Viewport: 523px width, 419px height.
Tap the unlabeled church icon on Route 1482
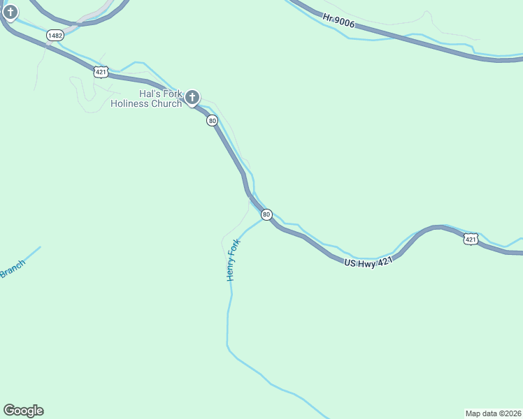(x=10, y=12)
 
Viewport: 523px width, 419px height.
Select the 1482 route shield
(x=55, y=34)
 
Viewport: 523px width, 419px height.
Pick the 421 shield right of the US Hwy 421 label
(x=471, y=240)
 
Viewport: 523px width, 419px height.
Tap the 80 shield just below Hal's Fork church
(x=212, y=121)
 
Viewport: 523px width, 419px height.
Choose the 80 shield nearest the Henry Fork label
(x=266, y=214)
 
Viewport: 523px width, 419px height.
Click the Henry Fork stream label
(x=233, y=260)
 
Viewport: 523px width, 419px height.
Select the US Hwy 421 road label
(x=369, y=261)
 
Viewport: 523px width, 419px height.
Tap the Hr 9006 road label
(x=340, y=22)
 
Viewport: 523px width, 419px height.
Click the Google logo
(x=23, y=411)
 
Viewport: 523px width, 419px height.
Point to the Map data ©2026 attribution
(x=493, y=413)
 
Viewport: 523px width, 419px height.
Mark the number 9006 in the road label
(x=345, y=24)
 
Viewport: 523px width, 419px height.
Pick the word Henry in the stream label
(x=231, y=270)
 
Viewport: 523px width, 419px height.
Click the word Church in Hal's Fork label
(x=166, y=104)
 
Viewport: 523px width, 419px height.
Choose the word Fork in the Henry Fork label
(x=236, y=247)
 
